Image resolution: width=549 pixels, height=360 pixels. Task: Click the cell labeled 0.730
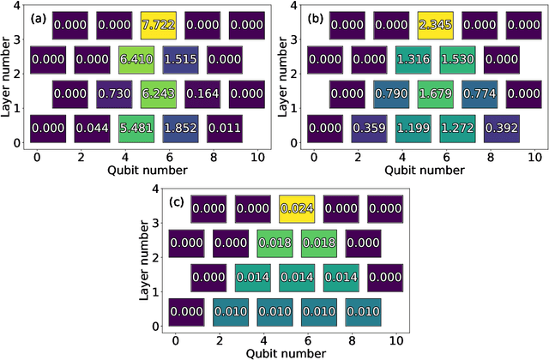[x=113, y=94]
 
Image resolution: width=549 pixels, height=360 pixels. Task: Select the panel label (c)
[x=177, y=203]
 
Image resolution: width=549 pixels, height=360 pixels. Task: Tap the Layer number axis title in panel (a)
[x=9, y=75]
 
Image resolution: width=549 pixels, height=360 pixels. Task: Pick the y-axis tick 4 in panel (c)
[x=154, y=189]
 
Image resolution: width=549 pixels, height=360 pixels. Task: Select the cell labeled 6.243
[x=157, y=94]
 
